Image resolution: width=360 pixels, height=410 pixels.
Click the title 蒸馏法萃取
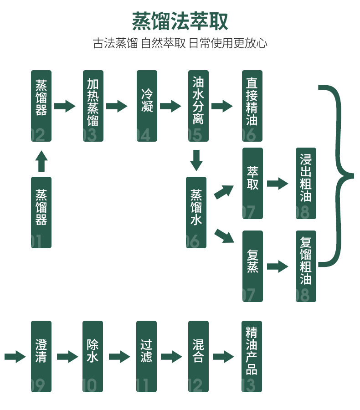180,21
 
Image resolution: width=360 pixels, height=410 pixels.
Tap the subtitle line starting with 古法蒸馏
180,44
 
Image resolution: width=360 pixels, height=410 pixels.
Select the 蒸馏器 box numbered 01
41,212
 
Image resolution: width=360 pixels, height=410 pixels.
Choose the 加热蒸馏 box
93,106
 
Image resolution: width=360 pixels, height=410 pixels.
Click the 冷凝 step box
147,106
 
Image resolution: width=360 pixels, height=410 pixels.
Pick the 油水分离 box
198,106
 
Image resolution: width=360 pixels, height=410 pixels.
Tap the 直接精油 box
252,106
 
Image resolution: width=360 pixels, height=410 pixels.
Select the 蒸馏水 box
196,212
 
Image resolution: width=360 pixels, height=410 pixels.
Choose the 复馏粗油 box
306,266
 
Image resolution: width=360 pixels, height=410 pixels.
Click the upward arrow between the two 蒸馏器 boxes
41,161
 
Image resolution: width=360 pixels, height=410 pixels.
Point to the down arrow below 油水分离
196,160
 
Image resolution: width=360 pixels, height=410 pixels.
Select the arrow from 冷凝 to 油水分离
170,106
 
